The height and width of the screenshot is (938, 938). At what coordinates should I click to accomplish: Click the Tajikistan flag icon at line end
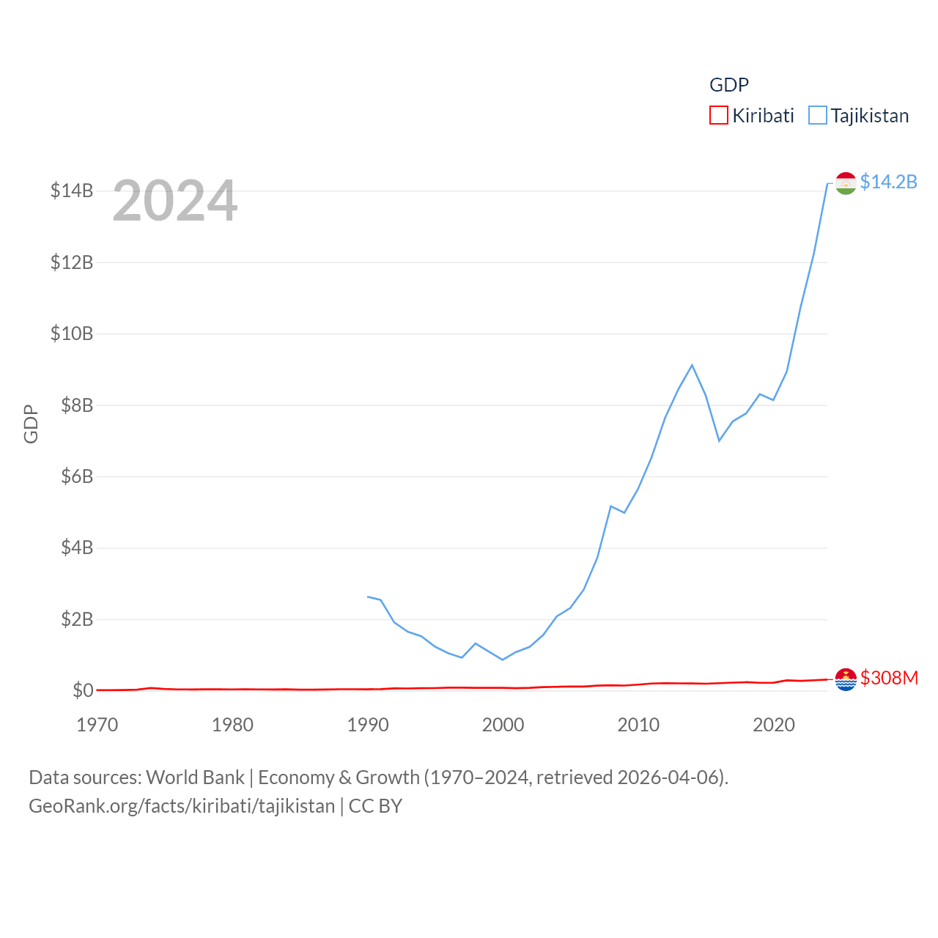[846, 183]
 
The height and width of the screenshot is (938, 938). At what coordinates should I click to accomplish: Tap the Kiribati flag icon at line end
[846, 679]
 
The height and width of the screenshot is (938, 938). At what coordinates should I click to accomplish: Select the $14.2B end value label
[888, 182]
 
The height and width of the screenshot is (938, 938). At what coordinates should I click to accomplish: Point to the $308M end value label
[889, 678]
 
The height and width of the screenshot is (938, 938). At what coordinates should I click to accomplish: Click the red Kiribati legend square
[718, 116]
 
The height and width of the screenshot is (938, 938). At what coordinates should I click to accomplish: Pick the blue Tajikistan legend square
[817, 116]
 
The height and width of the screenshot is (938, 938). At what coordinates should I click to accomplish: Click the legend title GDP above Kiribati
[728, 85]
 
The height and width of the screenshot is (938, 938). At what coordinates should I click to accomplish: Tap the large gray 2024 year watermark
[174, 201]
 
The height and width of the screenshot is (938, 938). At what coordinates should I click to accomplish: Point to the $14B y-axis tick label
[72, 191]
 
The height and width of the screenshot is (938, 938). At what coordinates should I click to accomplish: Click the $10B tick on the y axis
[72, 334]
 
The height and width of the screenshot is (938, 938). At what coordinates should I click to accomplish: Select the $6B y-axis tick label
[77, 477]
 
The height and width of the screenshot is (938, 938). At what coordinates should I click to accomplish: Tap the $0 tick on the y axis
[83, 690]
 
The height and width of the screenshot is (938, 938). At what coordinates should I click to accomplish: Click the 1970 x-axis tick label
[97, 725]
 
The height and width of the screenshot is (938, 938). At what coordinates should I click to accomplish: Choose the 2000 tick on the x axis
[503, 725]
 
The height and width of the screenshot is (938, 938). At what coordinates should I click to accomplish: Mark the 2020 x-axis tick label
[774, 725]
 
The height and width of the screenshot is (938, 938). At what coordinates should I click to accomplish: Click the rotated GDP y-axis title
[31, 424]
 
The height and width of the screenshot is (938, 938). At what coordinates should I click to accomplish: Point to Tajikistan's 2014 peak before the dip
[692, 365]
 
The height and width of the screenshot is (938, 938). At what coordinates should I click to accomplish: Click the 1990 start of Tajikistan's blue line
[368, 597]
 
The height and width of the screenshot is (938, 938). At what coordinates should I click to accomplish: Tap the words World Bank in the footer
[195, 777]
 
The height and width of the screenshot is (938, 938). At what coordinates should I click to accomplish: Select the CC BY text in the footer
[375, 806]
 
